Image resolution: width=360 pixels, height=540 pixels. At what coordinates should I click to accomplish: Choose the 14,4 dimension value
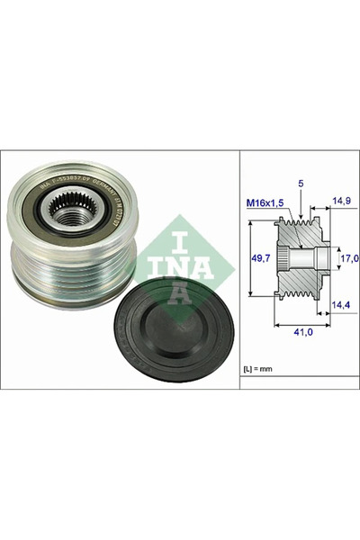(x=342, y=306)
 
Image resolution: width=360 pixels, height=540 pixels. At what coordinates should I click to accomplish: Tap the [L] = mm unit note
(x=262, y=368)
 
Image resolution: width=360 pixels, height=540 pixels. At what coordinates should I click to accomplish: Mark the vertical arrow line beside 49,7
(x=250, y=259)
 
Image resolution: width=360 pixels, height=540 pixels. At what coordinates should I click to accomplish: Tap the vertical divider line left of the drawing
(x=238, y=270)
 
